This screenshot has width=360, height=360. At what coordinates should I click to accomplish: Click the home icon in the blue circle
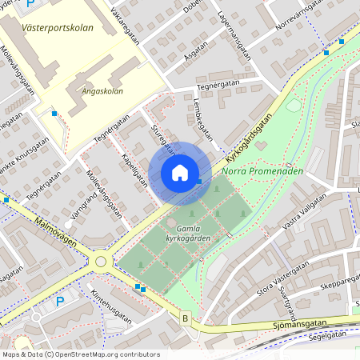click(x=180, y=172)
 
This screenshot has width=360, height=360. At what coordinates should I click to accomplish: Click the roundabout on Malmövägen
click(x=101, y=262)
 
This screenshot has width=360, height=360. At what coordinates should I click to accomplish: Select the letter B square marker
click(x=186, y=318)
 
